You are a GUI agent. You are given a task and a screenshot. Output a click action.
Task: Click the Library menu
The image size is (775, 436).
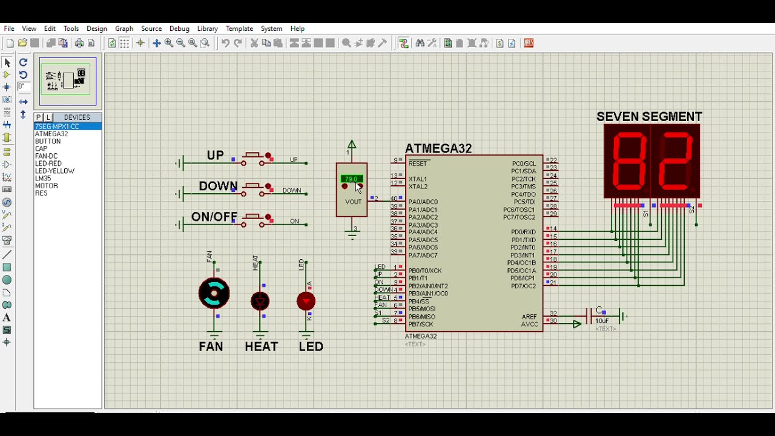coord(207,28)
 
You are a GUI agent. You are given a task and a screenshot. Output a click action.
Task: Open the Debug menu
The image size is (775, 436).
coord(179,28)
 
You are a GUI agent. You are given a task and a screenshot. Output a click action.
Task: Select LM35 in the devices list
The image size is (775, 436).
coord(43,179)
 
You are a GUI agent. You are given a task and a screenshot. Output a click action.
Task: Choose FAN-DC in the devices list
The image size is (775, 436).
coord(46,156)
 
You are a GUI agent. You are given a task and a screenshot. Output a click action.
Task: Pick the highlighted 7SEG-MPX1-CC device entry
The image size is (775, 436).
coord(58,127)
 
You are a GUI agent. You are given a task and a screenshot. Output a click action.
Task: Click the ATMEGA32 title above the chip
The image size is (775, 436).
coord(438,148)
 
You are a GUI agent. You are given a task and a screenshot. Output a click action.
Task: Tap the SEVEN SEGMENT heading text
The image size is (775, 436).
coord(649,117)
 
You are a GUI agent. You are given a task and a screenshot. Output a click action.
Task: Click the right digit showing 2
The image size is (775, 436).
coord(674,162)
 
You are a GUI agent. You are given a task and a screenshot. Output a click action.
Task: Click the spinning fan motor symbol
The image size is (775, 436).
coord(214,294)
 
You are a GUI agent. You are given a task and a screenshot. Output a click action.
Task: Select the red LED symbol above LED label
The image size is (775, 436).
coord(306,301)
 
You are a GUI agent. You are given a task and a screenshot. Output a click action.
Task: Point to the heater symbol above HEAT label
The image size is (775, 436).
coord(260,301)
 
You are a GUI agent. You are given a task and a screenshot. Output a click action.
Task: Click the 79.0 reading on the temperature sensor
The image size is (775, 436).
coord(351,179)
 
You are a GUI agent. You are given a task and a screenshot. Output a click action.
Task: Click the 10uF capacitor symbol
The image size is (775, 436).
coord(589,316)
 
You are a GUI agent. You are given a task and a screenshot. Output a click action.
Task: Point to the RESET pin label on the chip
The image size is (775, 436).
coord(418,163)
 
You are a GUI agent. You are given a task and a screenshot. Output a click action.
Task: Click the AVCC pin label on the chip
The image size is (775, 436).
coord(529,325)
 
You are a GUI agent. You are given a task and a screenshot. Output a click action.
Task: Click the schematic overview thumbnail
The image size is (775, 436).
coord(68,81)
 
